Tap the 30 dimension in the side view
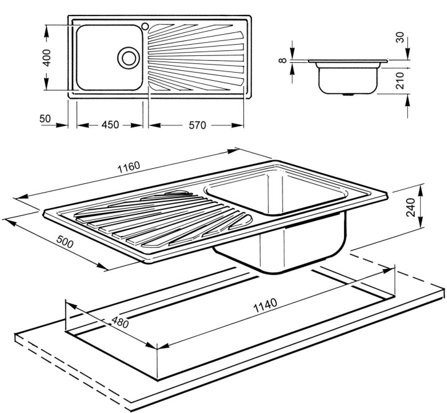coord(400,39)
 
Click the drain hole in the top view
coord(129,57)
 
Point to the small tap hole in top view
coord(145,26)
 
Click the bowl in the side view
coord(348,78)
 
